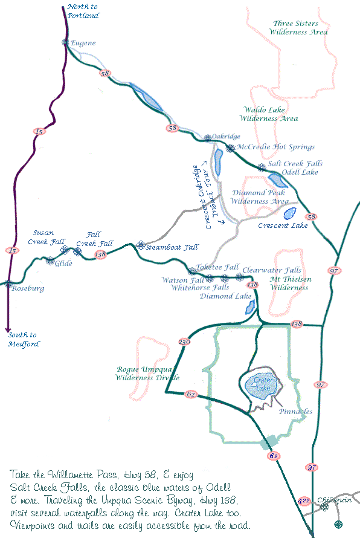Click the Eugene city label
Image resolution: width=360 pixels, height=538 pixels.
(x=83, y=43)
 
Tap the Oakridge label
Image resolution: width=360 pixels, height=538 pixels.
(x=227, y=137)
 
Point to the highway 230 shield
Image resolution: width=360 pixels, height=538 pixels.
(x=184, y=342)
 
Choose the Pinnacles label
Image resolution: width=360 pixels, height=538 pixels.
(x=296, y=412)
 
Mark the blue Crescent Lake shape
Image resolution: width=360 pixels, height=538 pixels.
(x=289, y=213)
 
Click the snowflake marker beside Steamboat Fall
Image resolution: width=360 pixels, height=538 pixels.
(x=141, y=245)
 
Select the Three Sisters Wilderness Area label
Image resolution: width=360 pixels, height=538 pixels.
(x=300, y=28)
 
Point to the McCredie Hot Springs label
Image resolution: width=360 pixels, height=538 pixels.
(x=275, y=147)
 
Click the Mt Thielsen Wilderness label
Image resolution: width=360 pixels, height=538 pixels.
(x=289, y=284)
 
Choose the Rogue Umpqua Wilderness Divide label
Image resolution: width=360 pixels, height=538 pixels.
(x=147, y=373)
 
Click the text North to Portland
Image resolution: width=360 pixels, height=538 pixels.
(x=83, y=11)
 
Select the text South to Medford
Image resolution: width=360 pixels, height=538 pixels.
(x=24, y=339)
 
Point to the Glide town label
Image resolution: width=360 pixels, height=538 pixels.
(x=63, y=264)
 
